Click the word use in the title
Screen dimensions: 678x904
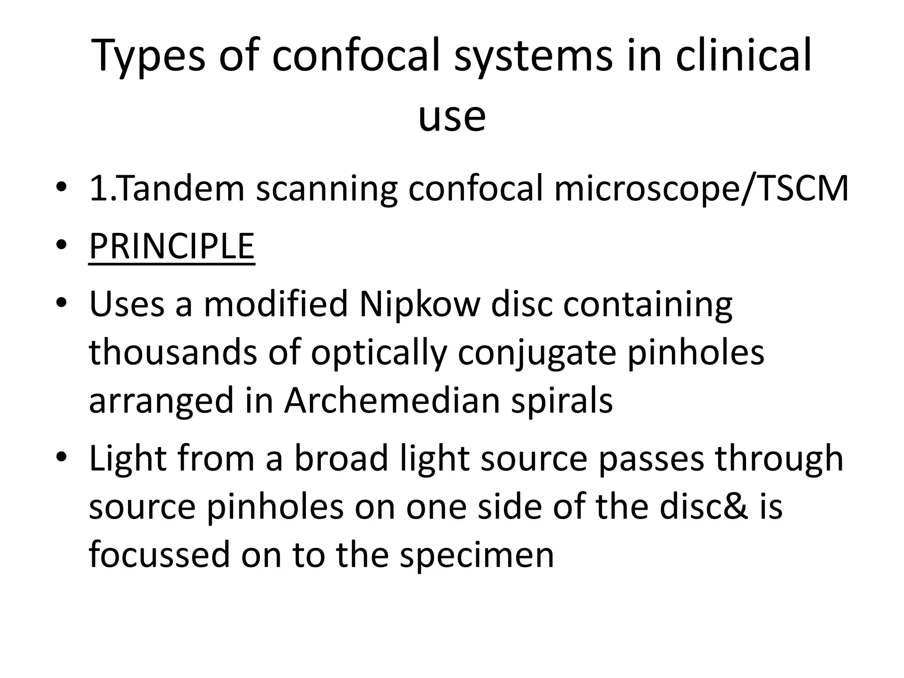[452, 117]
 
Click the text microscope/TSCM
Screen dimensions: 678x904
[701, 188]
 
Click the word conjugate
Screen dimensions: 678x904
[537, 353]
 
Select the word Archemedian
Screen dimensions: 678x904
[392, 401]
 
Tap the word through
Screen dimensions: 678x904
[779, 459]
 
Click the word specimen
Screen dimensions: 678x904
[477, 555]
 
